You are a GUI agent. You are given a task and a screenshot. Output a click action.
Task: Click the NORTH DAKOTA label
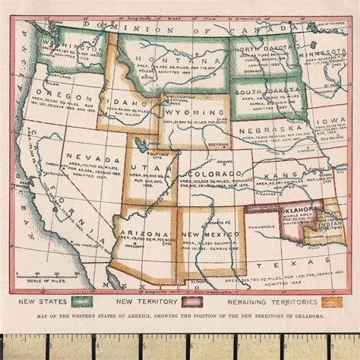point(263,51)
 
